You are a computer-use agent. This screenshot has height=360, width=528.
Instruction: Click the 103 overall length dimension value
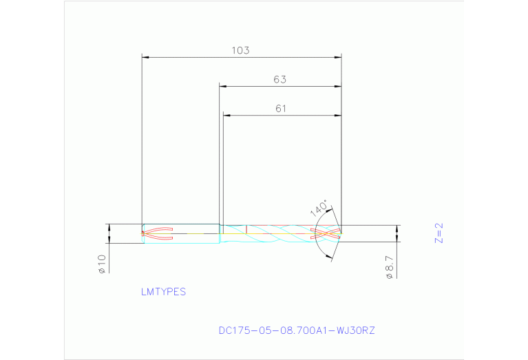click(240, 50)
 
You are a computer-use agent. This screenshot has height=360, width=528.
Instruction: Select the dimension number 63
click(279, 79)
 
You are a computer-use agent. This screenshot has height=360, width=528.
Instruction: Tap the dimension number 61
click(280, 108)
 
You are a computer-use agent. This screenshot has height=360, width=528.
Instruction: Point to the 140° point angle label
click(320, 209)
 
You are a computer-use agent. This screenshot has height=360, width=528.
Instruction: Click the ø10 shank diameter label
click(102, 264)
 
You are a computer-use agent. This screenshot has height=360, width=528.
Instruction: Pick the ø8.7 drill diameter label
click(390, 266)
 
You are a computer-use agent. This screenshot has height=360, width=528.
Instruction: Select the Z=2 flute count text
click(439, 233)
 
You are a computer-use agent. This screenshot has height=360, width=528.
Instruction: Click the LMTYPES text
click(163, 292)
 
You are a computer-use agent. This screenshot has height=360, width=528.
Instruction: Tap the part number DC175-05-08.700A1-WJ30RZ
click(297, 331)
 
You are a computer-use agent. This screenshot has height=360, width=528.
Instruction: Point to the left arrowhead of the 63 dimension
click(222, 86)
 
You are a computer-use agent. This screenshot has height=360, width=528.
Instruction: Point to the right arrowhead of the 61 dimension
click(338, 115)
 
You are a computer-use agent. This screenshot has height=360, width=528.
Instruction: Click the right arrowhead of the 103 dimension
click(338, 56)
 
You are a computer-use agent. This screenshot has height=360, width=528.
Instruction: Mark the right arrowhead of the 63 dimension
click(338, 86)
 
